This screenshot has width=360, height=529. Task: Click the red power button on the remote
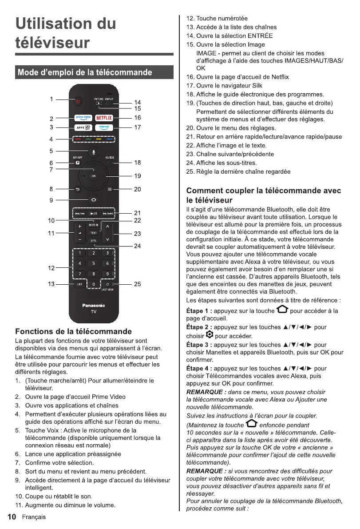78,101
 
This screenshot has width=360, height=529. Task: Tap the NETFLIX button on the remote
104,118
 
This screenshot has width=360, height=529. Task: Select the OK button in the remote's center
94,176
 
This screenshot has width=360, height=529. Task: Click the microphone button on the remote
94,152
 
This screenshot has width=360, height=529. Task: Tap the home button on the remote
94,199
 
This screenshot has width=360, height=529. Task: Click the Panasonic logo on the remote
94,305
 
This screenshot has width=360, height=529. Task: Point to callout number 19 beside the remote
138,176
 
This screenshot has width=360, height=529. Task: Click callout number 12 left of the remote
51,268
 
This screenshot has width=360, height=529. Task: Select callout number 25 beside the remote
138,284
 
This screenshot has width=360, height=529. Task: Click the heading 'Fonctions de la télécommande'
74,331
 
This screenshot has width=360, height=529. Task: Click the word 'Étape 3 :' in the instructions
199,345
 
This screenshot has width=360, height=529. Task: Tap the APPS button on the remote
83,127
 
